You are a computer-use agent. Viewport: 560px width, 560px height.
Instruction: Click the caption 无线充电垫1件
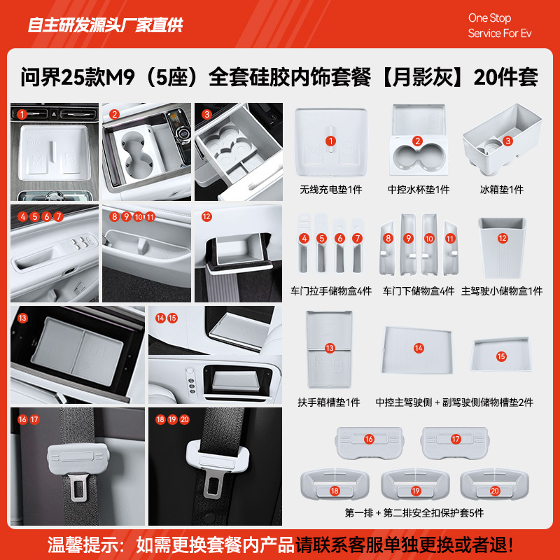tap(332, 190)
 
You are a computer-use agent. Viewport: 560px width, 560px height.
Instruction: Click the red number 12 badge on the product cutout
tap(502, 238)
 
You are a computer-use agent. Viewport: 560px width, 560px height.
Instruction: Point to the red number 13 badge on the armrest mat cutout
tap(330, 347)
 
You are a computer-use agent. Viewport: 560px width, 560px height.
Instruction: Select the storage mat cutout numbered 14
tap(418, 348)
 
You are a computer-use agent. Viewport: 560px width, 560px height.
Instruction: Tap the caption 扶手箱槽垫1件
tap(328, 402)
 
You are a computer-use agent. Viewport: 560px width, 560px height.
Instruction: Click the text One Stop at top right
tap(489, 18)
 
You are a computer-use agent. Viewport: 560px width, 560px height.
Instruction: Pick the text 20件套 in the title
tap(505, 77)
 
